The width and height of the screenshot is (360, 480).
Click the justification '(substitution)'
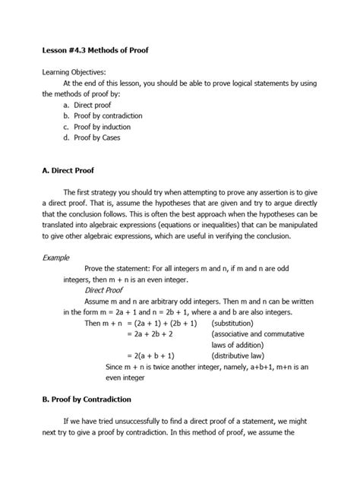(236, 323)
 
